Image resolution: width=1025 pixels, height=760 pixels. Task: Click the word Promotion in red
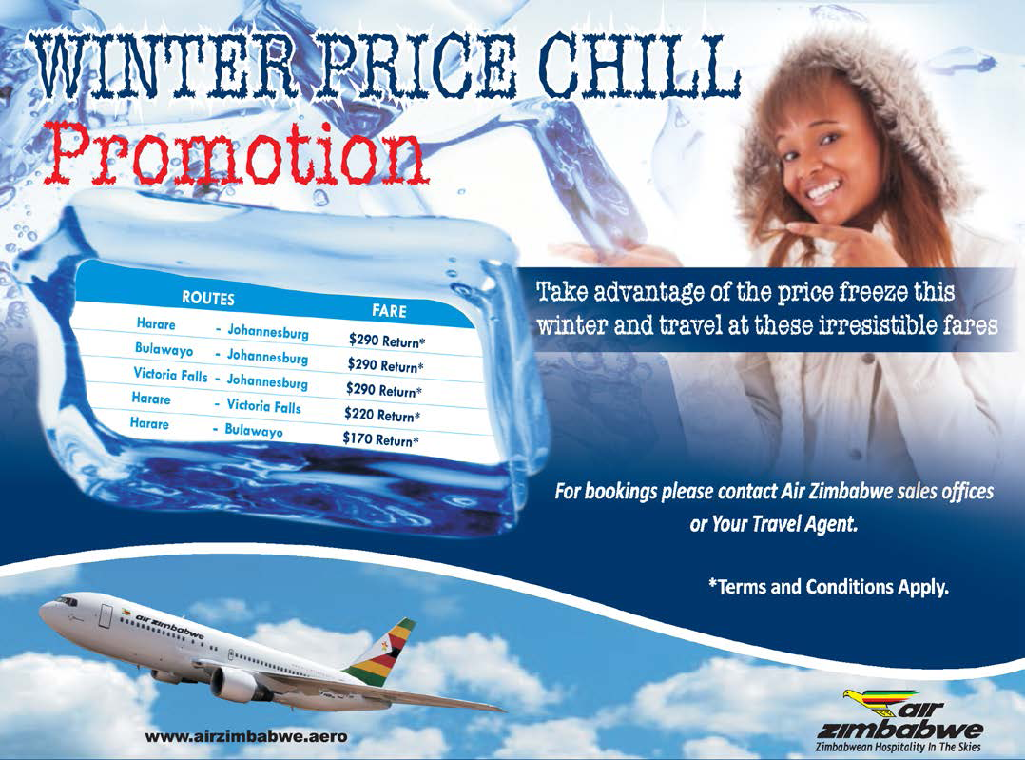point(240,155)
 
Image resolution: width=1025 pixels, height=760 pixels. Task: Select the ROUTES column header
point(208,299)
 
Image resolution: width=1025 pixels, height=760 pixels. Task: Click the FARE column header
point(389,310)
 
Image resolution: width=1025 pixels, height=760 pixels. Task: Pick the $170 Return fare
point(380,438)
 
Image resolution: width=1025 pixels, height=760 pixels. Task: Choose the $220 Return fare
point(382,414)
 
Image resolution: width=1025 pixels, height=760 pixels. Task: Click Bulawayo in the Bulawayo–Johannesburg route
point(164,349)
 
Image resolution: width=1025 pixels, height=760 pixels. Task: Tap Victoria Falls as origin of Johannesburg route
point(170,375)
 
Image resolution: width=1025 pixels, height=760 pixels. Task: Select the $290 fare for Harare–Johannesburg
point(386,341)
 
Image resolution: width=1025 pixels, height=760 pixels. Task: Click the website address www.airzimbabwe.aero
point(245,736)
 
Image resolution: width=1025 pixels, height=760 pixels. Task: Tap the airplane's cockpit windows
point(67,601)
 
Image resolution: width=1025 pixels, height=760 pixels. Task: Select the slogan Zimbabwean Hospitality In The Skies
point(899,747)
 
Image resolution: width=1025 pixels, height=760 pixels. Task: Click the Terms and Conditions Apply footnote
point(828,586)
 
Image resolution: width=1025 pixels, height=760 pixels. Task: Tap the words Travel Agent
point(804,524)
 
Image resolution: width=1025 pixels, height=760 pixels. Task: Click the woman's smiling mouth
point(822,191)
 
